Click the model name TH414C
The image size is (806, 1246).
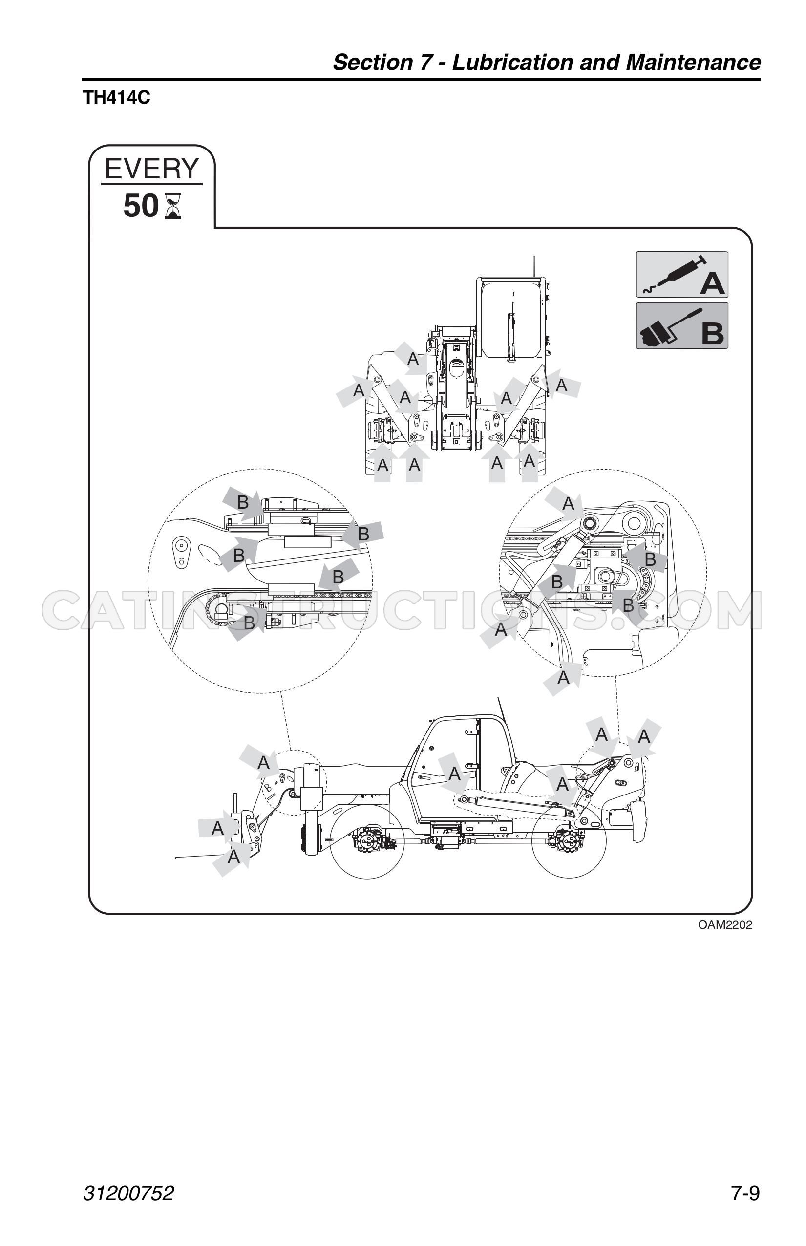pos(116,98)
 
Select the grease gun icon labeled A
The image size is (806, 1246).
pos(682,275)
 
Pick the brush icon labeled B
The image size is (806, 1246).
pos(682,325)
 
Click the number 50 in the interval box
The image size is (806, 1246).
pos(141,206)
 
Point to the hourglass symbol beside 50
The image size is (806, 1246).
pos(173,206)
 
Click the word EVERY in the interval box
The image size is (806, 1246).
pos(152,169)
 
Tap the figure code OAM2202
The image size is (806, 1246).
pos(725,925)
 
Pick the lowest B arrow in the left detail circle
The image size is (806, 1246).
pos(247,623)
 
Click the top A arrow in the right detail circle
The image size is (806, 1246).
pos(565,504)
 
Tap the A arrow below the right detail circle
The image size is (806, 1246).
pos(563,678)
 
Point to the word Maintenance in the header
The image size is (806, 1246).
pos(693,63)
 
